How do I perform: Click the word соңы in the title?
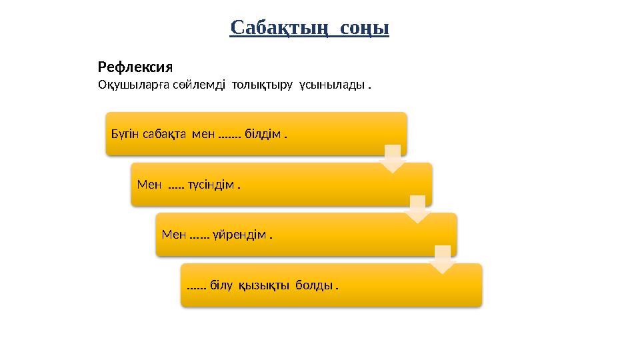[x=365, y=28]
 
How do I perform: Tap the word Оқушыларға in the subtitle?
[x=126, y=86]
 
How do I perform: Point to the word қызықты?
[x=264, y=285]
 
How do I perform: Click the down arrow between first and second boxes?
[x=393, y=159]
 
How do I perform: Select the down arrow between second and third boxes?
[x=417, y=209]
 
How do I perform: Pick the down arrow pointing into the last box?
[x=443, y=259]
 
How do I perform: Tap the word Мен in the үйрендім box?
[x=174, y=235]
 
